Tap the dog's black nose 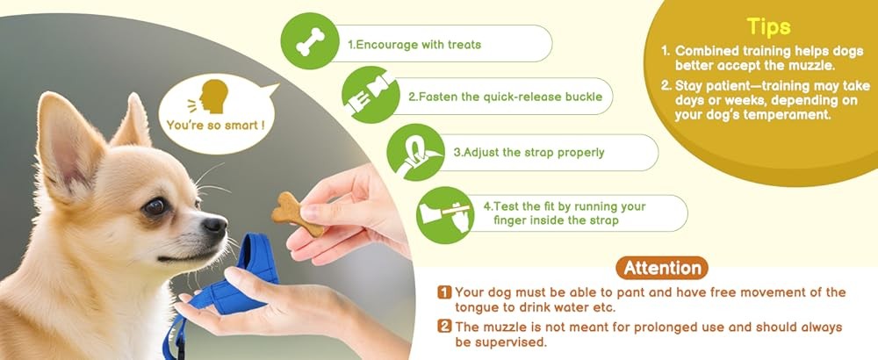[x=215, y=227]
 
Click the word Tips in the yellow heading [x=768, y=26]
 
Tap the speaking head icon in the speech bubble [x=213, y=96]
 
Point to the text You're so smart [x=215, y=126]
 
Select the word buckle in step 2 [x=580, y=97]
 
